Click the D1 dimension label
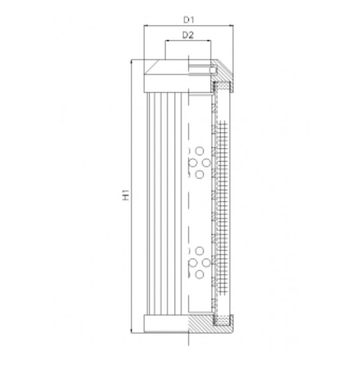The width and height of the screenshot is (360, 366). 189,19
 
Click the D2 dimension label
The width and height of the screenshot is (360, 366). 188,35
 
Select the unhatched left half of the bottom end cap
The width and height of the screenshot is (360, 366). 166,323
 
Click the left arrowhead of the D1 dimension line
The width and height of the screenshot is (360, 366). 146,25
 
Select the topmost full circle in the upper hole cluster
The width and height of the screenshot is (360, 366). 200,150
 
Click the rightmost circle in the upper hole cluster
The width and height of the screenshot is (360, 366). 206,162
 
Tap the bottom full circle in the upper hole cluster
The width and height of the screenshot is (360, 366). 200,175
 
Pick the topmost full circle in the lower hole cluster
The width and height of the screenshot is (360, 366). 200,250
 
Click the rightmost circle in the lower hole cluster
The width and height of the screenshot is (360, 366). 206,262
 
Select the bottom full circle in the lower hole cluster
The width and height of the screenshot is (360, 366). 200,274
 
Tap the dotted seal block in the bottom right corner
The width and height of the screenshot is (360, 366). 222,322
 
